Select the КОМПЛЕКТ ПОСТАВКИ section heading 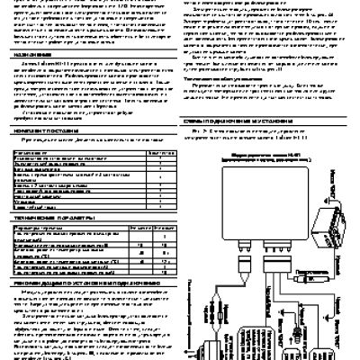tap(37, 131)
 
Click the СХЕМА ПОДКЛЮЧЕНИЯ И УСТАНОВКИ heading tap(229, 140)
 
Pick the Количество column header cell tap(158, 153)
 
